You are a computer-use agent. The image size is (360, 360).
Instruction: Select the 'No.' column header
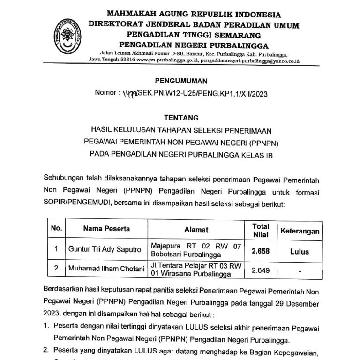coord(56,229)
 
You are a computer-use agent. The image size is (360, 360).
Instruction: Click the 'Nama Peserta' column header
coord(106,229)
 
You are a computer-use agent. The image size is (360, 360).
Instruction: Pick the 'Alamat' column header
coord(196,230)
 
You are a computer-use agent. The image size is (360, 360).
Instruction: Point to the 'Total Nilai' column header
coord(261,230)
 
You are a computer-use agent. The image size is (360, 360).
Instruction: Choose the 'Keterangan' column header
coord(300,231)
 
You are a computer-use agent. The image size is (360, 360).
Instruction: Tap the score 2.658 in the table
coord(261,251)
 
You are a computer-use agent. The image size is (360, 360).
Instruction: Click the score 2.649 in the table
coord(261,270)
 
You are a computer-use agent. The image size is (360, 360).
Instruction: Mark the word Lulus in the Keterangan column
coord(299,251)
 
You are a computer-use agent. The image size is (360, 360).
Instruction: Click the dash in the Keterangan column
coord(299,271)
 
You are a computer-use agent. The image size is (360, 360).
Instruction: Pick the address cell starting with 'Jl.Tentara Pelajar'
coord(196,270)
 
